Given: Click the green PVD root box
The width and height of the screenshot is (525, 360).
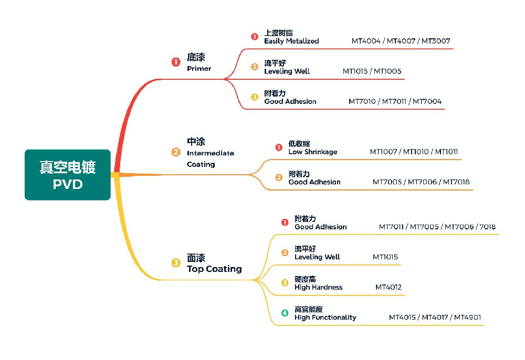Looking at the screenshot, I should [68, 175].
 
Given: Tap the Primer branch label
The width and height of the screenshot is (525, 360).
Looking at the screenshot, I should [198, 62].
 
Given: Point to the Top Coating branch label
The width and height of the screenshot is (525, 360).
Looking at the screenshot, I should [214, 264].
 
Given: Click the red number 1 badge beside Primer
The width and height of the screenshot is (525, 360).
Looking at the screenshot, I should [176, 62].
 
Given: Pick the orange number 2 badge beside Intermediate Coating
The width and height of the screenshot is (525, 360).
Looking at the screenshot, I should [176, 153].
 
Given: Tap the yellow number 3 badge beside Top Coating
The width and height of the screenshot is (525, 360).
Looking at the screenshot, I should [176, 263].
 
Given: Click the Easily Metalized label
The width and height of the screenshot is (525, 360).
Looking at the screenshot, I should [291, 41].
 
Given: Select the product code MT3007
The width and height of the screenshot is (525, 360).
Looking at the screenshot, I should [436, 41].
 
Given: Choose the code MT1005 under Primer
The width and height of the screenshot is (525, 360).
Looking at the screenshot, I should [387, 71].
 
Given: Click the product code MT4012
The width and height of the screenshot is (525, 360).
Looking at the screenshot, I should [388, 288].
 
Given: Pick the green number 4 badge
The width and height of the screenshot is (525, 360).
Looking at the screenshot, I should [285, 313].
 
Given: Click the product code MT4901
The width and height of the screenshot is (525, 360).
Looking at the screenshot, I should [467, 317].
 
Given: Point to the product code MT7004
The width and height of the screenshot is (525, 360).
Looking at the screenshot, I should [427, 102].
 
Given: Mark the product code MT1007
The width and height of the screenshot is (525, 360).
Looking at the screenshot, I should [384, 152].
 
